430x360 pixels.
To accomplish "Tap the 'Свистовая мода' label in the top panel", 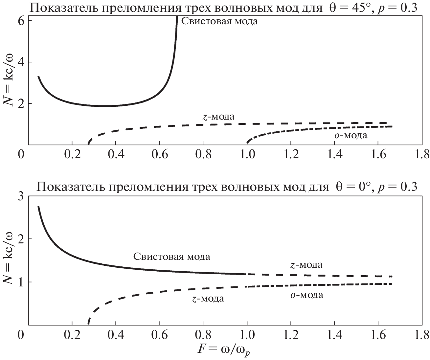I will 220,22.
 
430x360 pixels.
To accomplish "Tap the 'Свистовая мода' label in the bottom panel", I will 171,256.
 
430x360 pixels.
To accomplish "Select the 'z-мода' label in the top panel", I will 218,117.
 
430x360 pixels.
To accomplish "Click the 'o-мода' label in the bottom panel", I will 306,295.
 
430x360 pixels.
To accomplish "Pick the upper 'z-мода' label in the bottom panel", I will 306,265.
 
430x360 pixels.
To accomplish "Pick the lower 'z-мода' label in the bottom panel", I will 208,299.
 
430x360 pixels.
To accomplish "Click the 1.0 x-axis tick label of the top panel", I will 247,154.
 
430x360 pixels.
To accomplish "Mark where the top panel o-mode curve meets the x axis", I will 247,144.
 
